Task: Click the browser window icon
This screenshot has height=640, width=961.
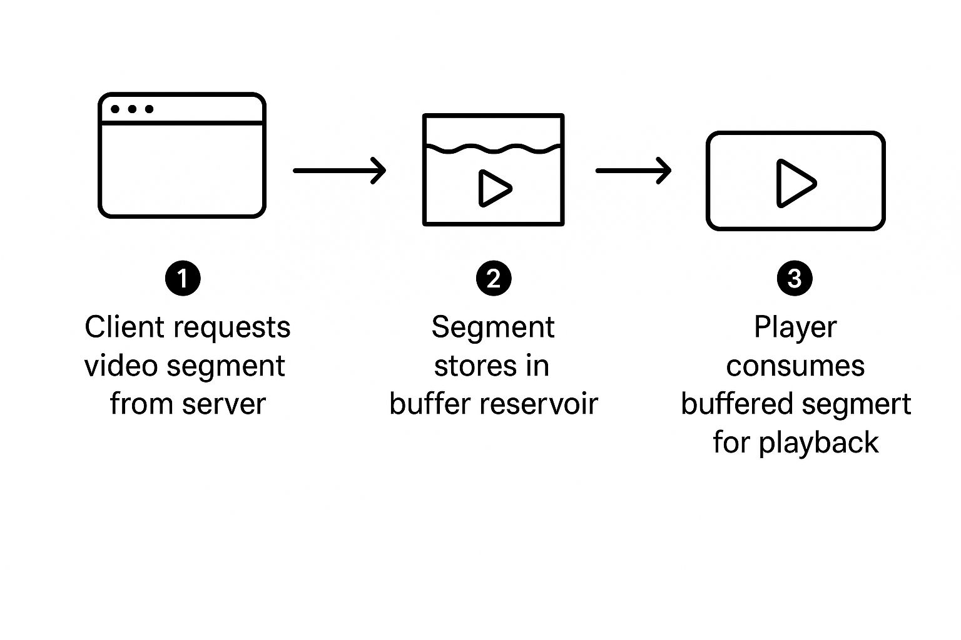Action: (182, 156)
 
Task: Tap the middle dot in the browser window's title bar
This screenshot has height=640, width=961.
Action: (132, 109)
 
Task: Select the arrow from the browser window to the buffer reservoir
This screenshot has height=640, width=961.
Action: (340, 170)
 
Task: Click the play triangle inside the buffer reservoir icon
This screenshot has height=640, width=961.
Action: (494, 188)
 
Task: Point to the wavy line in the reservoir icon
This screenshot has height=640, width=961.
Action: (493, 148)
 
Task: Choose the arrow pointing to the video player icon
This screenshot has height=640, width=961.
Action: (633, 170)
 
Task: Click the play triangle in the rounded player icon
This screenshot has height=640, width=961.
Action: (795, 183)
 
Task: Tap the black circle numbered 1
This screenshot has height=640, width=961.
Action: (183, 278)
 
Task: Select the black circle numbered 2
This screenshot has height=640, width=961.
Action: (494, 278)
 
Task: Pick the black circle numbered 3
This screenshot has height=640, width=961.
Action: (795, 278)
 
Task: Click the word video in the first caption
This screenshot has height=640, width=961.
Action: (121, 366)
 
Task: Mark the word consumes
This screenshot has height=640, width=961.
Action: (795, 366)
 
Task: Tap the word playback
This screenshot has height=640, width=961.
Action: (818, 442)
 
